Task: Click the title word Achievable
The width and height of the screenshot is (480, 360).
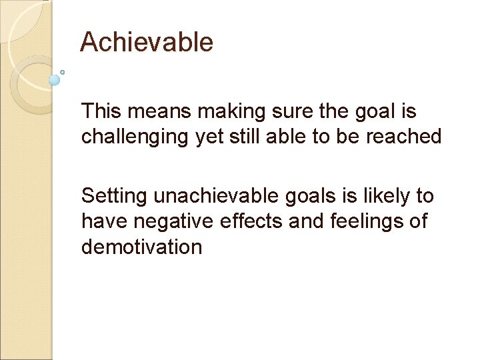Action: coord(147,43)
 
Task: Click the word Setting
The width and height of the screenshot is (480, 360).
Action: coord(114,197)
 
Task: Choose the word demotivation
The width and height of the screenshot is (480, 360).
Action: coord(141,247)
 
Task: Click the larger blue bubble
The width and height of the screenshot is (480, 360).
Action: coord(55,80)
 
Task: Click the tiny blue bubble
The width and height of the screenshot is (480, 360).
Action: coord(62,71)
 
